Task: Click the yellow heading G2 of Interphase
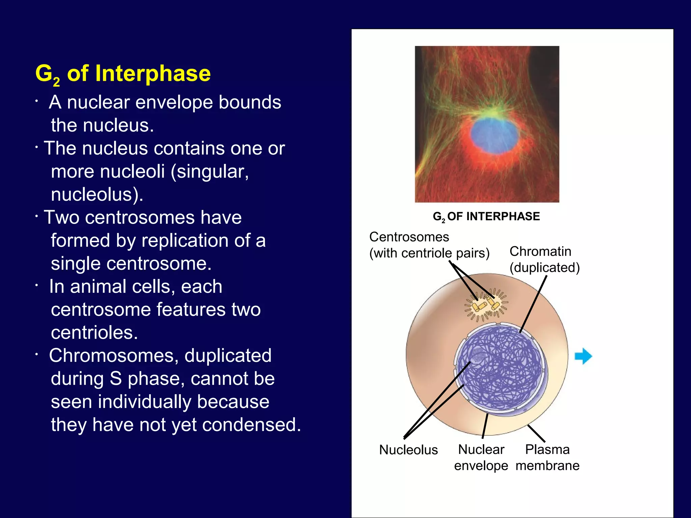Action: pos(123,74)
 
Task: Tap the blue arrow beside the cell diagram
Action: pos(583,356)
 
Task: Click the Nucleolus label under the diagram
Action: pos(408,450)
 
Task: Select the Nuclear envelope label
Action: pos(481,457)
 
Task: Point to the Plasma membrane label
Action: pos(547,457)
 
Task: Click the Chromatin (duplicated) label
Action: pos(544,259)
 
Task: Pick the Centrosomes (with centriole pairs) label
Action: pos(429,245)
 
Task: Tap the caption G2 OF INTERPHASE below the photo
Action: pos(486,216)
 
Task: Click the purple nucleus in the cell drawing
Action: pos(501,368)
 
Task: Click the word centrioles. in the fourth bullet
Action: pos(94,333)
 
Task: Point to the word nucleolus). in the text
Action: pos(97,195)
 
